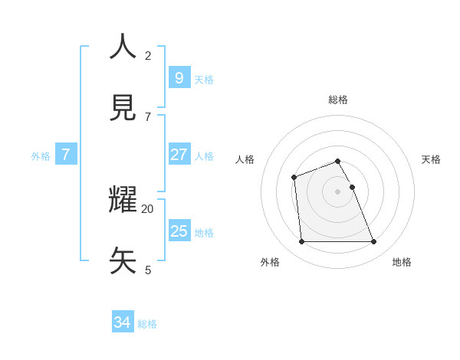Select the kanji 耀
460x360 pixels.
click(123, 200)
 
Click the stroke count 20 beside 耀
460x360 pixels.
click(147, 208)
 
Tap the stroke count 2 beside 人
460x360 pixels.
click(148, 55)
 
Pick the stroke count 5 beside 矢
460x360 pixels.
click(148, 270)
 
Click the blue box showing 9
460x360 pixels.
click(179, 77)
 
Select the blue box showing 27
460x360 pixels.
click(179, 154)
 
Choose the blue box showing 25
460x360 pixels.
click(179, 231)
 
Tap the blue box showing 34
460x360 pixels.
click(123, 322)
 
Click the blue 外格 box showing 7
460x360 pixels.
click(66, 154)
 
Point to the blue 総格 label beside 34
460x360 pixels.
click(147, 324)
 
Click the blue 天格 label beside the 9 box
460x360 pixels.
click(204, 80)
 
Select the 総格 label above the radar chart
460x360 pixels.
click(338, 100)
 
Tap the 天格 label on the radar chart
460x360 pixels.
click(431, 159)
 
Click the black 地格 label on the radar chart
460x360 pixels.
click(402, 262)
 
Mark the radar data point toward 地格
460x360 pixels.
click(373, 241)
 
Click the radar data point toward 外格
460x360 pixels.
click(301, 241)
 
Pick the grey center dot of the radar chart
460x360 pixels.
click(337, 191)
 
